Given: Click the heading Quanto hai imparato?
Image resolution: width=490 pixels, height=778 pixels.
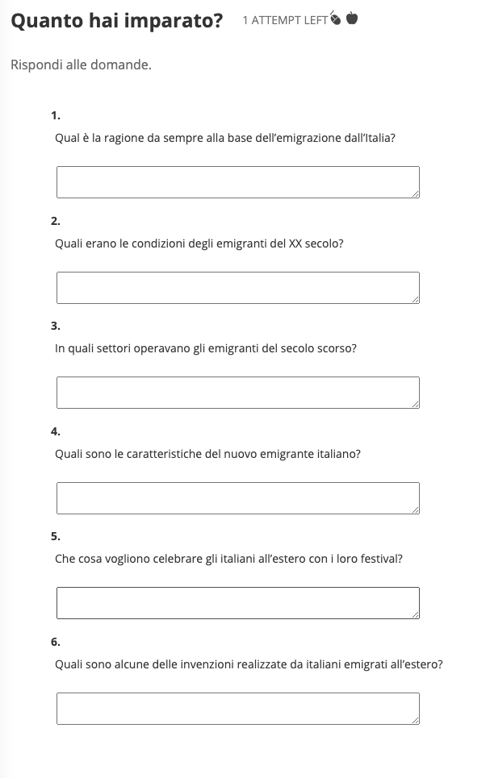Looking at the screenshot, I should point(116,21).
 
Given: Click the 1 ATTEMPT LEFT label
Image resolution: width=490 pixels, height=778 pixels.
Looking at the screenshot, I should point(285,20).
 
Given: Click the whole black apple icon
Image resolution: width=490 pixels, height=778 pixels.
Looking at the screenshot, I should point(352,19).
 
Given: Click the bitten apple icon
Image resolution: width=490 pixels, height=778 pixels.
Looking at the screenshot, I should point(335,19).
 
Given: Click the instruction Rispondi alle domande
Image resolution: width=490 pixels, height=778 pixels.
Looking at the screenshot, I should point(81,64).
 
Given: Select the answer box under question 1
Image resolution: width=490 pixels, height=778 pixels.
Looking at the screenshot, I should point(237,182).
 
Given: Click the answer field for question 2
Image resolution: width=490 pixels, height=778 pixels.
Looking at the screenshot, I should point(237,288).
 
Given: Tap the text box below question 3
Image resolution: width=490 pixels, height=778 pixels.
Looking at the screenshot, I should point(237,393).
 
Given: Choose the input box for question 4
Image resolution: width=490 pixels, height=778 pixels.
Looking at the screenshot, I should point(237,498).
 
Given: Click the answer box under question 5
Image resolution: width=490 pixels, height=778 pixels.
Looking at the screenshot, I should point(237,603).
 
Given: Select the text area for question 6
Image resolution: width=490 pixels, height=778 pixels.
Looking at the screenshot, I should point(237,709).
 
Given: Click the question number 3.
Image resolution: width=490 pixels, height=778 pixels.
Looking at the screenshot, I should point(55,327).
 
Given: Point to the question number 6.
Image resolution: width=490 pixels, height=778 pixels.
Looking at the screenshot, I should point(55,643).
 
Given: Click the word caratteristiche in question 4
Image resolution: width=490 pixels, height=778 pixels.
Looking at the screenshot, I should point(158,454).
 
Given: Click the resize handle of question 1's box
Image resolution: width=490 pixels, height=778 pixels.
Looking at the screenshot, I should point(415,193).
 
